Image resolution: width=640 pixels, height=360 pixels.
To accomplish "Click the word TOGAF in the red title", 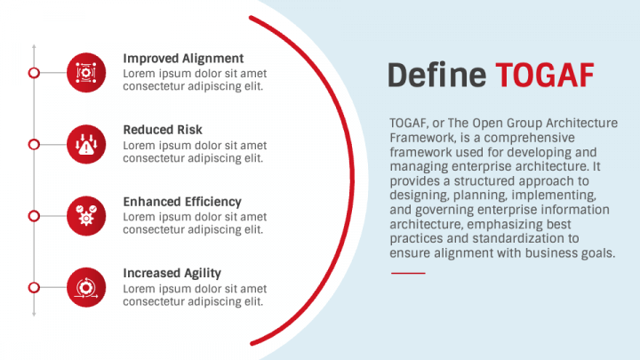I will coord(544,76).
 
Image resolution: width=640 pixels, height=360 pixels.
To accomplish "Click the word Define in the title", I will coord(437,76).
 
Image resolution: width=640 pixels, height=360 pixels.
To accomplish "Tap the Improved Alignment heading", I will coord(183,59).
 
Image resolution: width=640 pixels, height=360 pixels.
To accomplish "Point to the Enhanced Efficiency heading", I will coord(182,202).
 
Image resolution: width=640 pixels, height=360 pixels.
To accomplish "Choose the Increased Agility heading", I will coord(172,273).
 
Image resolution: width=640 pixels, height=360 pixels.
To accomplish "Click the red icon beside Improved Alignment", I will coord(86,72).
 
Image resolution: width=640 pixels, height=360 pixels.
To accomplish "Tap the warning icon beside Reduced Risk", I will coord(86,143).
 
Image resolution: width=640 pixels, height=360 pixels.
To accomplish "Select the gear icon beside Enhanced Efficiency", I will coord(86,215).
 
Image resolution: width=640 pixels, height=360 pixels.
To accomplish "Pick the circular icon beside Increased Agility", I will coord(86,286).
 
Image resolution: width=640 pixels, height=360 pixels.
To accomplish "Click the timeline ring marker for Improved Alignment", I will coord(34,72).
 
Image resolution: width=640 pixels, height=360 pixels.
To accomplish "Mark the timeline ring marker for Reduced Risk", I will coord(34,143).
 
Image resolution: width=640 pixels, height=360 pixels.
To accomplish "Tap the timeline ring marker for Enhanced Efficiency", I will coord(34,215).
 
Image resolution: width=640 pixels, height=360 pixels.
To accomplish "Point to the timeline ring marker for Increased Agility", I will coord(34,286).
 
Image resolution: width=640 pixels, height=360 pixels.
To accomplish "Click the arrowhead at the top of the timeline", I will coord(34,44).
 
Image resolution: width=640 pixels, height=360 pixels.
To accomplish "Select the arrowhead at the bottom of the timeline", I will coord(34,314).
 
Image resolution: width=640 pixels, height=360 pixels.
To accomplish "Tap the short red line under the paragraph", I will coord(408,273).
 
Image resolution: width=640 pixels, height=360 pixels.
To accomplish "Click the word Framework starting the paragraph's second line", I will coord(418,139).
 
